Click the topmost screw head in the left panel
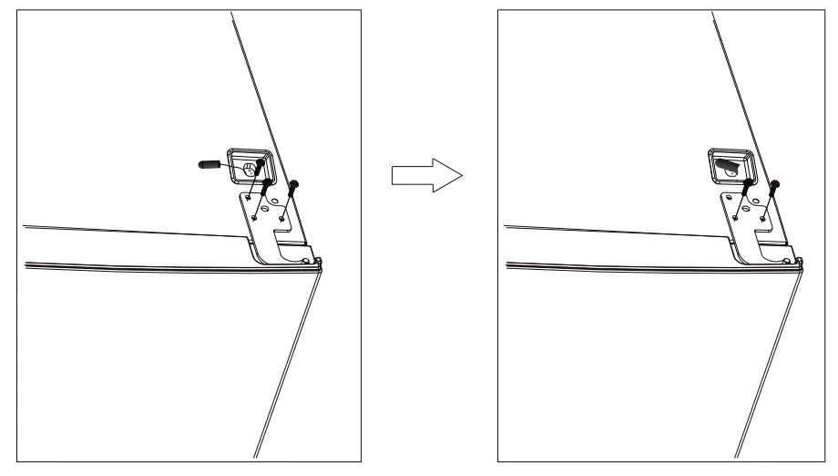click(x=261, y=161)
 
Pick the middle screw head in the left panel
click(x=266, y=181)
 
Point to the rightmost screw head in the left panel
click(x=293, y=183)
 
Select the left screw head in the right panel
click(x=748, y=182)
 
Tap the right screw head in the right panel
click(x=774, y=183)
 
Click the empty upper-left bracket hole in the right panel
click(x=729, y=198)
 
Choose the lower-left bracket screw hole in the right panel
click(x=735, y=217)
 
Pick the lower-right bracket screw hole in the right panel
click(x=762, y=219)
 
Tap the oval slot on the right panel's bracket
click(x=756, y=201)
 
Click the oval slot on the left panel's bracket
click(x=275, y=201)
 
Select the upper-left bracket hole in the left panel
click(x=248, y=197)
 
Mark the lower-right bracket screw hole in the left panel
click(x=281, y=219)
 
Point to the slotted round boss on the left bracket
click(x=265, y=207)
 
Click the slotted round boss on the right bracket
click(x=745, y=207)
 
